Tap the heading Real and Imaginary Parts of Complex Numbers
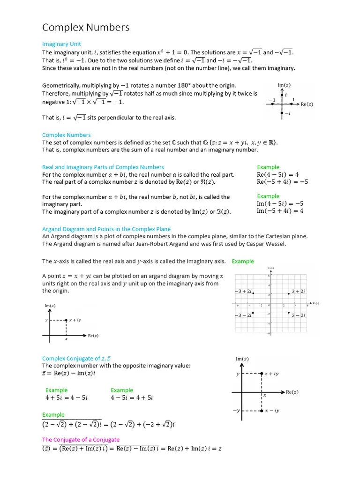click(x=103, y=167)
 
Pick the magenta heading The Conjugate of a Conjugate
click(x=81, y=440)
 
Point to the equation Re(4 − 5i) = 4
click(x=277, y=174)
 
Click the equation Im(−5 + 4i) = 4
click(x=280, y=211)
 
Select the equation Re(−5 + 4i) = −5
click(x=282, y=182)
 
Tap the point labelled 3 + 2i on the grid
click(x=289, y=293)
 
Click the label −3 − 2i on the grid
click(x=243, y=315)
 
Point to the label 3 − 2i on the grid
click(x=299, y=315)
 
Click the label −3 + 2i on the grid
click(x=243, y=291)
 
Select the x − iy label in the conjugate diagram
click(x=271, y=411)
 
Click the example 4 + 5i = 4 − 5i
click(x=67, y=397)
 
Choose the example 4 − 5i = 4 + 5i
click(x=132, y=397)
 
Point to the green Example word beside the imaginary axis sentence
click(x=243, y=261)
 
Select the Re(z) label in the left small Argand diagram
click(x=93, y=336)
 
